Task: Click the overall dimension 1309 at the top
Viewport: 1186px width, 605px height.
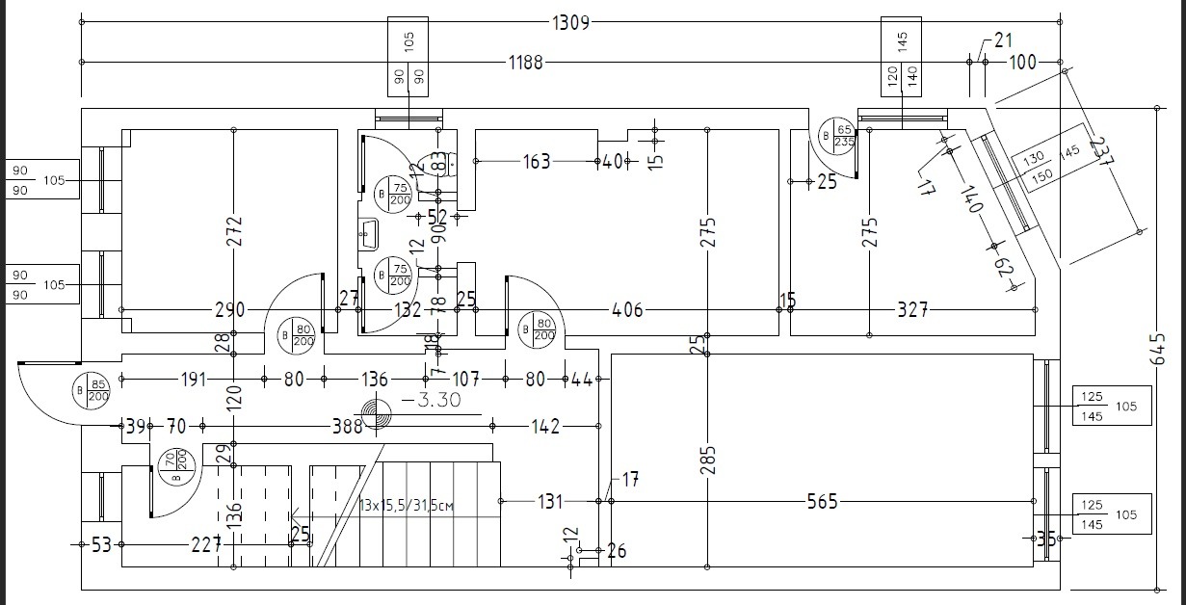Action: [570, 21]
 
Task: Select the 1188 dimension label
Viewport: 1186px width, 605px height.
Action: [526, 63]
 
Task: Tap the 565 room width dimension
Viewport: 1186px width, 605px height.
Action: [823, 501]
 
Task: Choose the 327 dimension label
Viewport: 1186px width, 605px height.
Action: [912, 309]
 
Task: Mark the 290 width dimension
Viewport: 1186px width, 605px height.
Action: [229, 309]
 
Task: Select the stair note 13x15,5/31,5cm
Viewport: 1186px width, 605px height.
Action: [406, 504]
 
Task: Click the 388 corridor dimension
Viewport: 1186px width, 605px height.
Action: [347, 425]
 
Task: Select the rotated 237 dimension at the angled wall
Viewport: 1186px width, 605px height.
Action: [1098, 150]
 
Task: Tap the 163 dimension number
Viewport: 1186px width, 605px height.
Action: [537, 161]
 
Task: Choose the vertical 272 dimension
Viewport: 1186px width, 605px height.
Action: [234, 231]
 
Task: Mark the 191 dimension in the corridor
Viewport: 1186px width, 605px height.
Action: [193, 380]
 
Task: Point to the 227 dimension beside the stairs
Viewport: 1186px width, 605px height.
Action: [205, 544]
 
